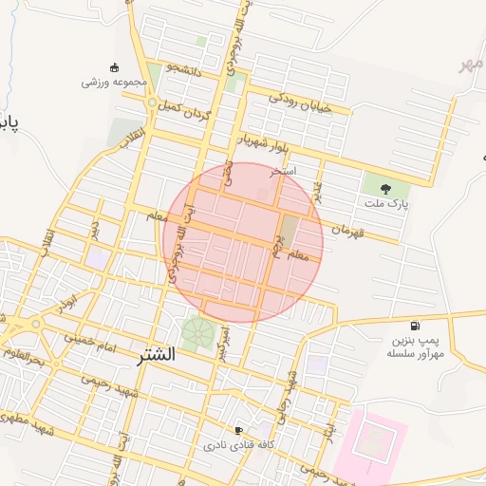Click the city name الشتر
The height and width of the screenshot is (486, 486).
coord(156,355)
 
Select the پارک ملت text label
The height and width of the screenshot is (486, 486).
coord(384,203)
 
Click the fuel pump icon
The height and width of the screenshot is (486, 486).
coord(414,326)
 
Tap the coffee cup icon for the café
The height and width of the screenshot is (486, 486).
coord(238,430)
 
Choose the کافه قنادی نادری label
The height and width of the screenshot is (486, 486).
coord(239,444)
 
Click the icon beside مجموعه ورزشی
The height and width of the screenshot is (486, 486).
coord(115,66)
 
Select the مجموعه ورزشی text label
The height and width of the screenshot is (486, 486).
coord(114,82)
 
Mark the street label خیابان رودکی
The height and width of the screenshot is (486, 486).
coord(300,102)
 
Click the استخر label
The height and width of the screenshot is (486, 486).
coord(283,171)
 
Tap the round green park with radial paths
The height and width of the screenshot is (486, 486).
coord(198,333)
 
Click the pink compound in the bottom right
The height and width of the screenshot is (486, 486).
coord(375,440)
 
